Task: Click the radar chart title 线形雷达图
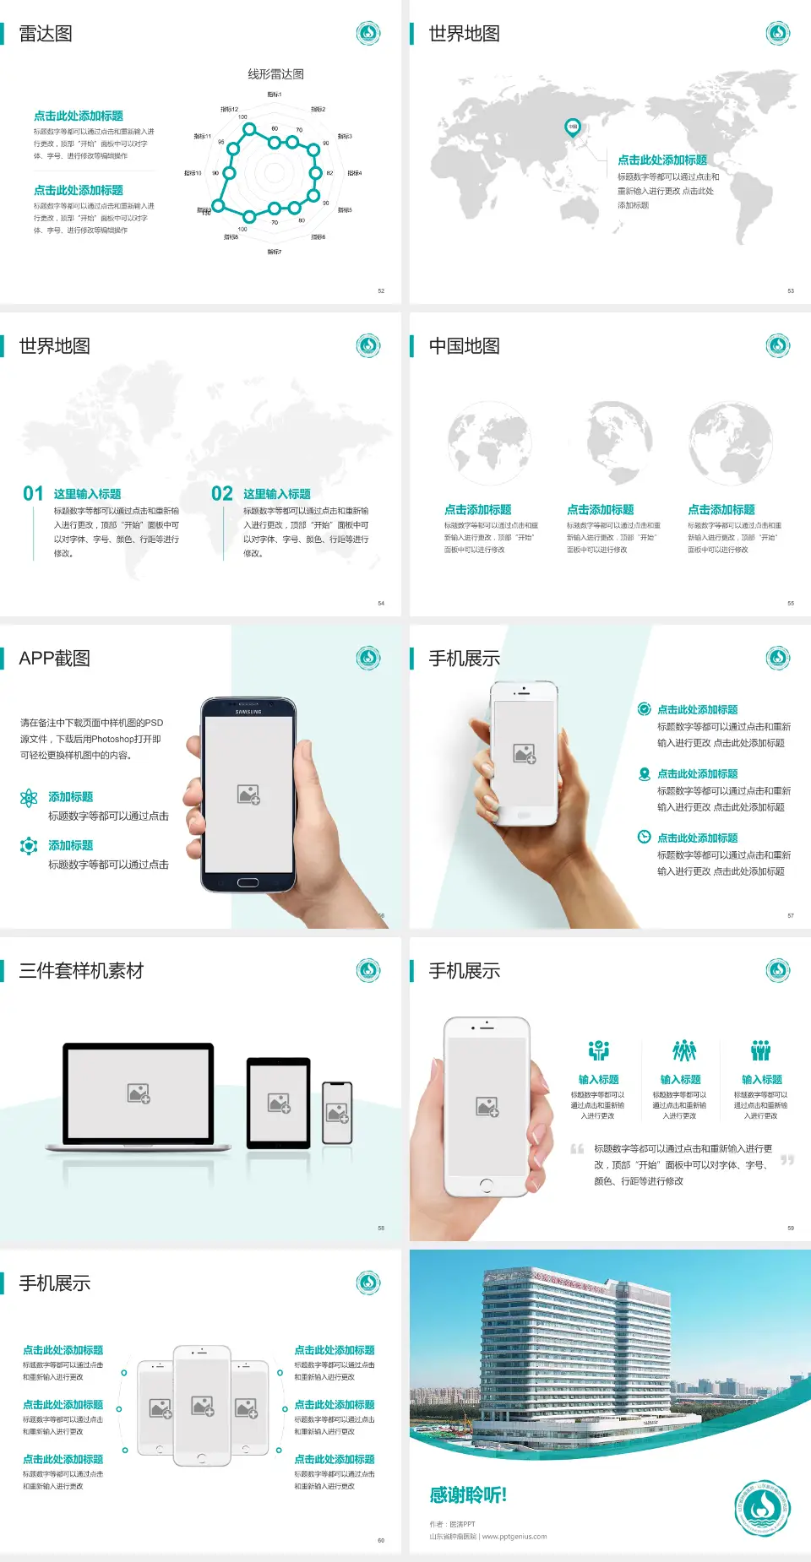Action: click(x=275, y=74)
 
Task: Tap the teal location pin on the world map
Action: click(x=573, y=127)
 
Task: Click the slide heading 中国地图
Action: click(x=464, y=346)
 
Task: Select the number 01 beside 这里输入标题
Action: click(x=33, y=494)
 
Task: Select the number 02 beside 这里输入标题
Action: click(x=222, y=494)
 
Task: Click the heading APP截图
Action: click(x=54, y=659)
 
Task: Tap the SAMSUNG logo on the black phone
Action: click(x=248, y=712)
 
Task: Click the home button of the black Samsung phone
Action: click(x=248, y=882)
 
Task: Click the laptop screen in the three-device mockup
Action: click(x=139, y=1093)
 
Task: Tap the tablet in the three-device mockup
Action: click(x=279, y=1102)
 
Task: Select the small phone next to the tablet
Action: click(x=337, y=1113)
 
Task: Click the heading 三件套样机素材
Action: click(x=81, y=971)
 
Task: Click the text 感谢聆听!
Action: click(x=468, y=1495)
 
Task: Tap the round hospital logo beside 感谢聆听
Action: click(x=762, y=1507)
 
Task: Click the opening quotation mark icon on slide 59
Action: click(x=577, y=1149)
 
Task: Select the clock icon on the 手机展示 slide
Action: click(x=644, y=837)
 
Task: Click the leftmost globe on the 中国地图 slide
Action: click(x=490, y=444)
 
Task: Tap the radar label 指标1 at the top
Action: click(x=275, y=95)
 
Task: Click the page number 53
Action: click(x=791, y=290)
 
